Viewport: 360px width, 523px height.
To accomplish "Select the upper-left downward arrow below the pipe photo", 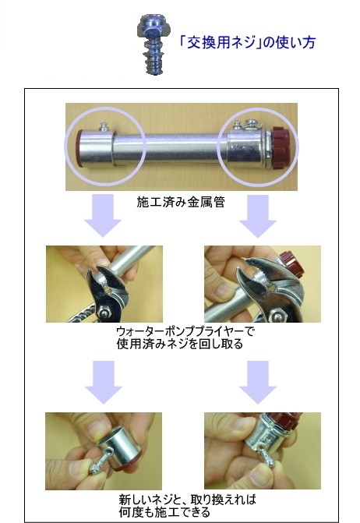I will click(x=103, y=216).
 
